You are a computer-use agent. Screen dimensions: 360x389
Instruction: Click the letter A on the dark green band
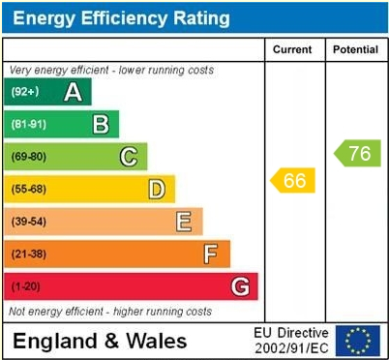coord(73,92)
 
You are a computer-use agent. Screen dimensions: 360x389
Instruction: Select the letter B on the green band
coord(101,124)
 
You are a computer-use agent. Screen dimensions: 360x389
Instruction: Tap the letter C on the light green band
coord(128,157)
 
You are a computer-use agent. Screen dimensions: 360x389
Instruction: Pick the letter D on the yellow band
coord(156,189)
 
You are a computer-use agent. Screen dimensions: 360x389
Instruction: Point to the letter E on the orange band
coord(183,222)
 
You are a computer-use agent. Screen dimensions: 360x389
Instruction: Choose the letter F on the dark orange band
coord(211,255)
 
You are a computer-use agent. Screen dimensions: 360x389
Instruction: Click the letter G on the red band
coord(240,286)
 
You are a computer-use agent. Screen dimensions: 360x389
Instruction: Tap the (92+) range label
coord(25,92)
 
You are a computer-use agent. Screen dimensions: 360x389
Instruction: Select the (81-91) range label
coord(28,124)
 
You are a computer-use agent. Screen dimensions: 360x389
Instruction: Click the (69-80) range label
coord(28,157)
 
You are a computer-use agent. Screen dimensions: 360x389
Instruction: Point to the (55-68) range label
coord(28,189)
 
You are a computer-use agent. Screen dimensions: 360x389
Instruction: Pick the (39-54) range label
coord(28,222)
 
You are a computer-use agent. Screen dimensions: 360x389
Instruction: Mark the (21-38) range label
coord(28,255)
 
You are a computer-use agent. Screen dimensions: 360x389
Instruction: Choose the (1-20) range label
coord(25,286)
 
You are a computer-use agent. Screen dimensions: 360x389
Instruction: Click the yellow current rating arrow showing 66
coord(293,180)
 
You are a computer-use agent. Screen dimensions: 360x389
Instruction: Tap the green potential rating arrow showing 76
coord(358,153)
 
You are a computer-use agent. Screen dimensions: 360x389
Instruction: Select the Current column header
coord(292,49)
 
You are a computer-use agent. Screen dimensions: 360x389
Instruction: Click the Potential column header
coord(356,49)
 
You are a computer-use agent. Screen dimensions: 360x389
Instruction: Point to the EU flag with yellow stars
coord(357,340)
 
